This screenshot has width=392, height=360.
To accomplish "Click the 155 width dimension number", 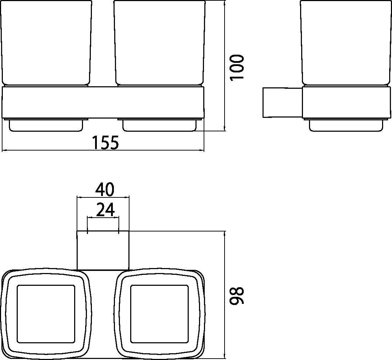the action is point(105,143).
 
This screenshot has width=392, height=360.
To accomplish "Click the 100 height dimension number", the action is point(237,67).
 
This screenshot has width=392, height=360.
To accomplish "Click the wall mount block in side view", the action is point(282,102).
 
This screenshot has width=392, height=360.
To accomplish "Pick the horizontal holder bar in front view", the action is point(103,102).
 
